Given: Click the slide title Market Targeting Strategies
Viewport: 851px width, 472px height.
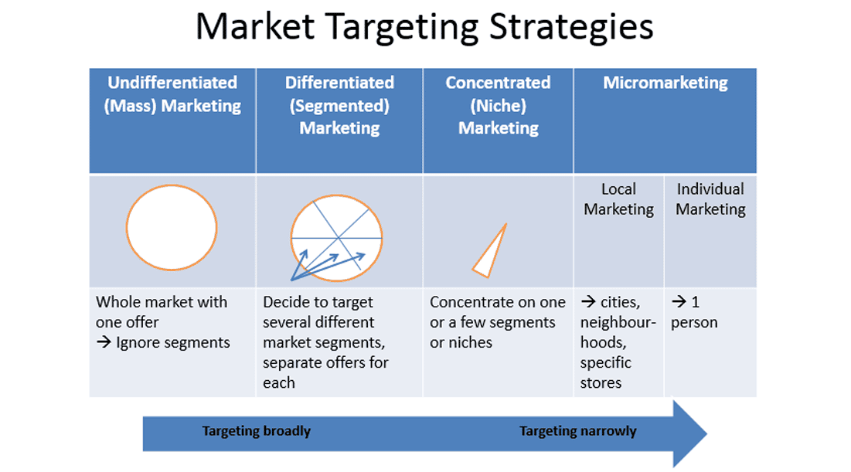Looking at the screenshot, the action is [424, 27].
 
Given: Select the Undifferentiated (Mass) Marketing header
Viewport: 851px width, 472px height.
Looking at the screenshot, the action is [172, 93].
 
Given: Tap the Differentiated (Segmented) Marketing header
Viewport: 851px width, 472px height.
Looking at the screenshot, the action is [340, 105].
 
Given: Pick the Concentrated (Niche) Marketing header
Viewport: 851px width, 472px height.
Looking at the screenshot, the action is [499, 105].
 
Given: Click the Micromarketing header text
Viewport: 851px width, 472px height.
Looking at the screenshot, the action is [665, 83].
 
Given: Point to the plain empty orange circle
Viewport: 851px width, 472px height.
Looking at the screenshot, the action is [127, 228].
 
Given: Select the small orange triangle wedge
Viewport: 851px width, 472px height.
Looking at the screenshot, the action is [490, 250].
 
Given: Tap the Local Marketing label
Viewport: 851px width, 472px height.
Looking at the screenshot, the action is [618, 199].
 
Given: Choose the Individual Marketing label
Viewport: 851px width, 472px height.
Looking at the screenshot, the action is [710, 199].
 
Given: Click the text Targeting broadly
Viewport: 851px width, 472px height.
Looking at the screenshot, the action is [256, 431].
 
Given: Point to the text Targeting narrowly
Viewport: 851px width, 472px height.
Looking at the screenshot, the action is [578, 431].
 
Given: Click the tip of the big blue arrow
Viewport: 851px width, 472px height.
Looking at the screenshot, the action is [707, 433].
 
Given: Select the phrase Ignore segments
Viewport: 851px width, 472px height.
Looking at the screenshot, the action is [173, 343].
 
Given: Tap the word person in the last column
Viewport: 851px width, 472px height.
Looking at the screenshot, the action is [694, 323].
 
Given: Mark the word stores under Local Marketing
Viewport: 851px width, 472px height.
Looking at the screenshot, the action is [601, 383].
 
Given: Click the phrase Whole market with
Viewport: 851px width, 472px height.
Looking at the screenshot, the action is [162, 302].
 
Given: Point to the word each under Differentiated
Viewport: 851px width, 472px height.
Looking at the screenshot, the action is [279, 383].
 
